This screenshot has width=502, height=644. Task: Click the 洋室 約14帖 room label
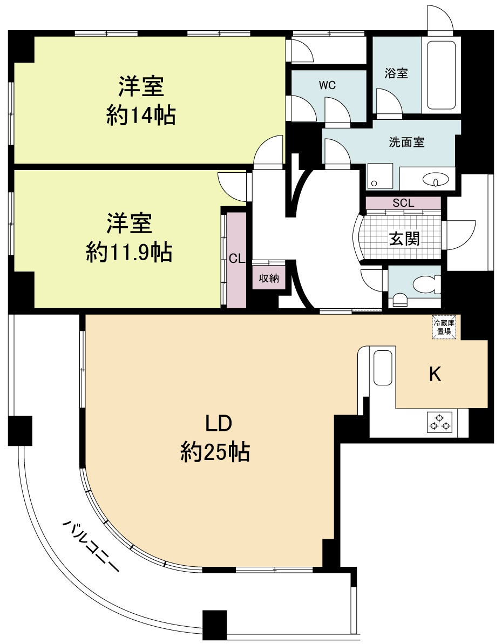tap(141, 101)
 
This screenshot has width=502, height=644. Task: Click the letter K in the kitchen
tap(435, 374)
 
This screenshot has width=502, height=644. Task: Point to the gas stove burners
tap(440, 422)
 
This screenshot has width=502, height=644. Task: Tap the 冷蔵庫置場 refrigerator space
tap(444, 327)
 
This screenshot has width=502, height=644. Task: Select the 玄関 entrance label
tap(405, 238)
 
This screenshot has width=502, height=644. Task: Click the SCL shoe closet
tap(403, 203)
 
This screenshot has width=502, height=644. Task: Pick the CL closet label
tap(236, 259)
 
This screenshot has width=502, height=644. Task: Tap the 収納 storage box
tap(269, 279)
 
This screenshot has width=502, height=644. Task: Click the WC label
tap(327, 85)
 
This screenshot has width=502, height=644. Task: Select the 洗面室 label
tap(406, 142)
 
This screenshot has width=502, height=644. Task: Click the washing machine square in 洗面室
tap(381, 176)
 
